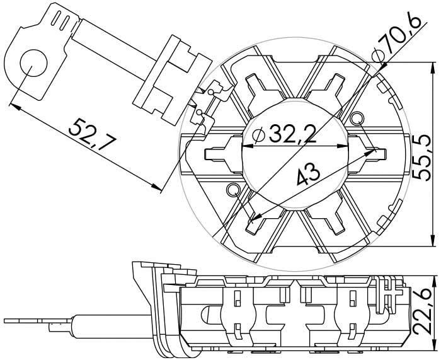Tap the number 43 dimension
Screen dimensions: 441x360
tap(309, 173)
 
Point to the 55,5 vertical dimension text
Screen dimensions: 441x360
tap(421, 157)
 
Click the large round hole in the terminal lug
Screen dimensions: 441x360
tap(33, 63)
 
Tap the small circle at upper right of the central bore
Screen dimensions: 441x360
tap(358, 118)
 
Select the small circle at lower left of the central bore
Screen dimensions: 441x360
tap(233, 190)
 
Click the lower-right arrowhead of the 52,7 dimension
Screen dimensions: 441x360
tap(156, 187)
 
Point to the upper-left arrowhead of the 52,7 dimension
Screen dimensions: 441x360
tap(14, 107)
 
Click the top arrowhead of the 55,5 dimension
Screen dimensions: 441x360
tap(432, 68)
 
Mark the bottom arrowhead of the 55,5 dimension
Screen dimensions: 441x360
tap(432, 240)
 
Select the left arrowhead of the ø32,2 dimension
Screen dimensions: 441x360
tap(248, 146)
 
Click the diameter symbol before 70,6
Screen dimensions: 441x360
tap(377, 56)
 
